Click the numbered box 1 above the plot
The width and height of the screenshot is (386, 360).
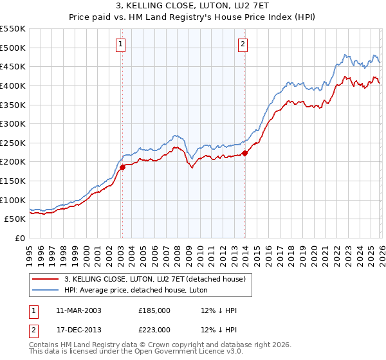[x=122, y=44]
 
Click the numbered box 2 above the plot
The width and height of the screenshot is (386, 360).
[x=243, y=44]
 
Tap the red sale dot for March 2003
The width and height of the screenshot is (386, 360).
[x=122, y=167]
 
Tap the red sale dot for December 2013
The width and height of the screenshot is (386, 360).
[x=245, y=153]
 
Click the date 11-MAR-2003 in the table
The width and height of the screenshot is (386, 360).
[x=78, y=310]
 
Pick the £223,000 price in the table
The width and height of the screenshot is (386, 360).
[x=154, y=329]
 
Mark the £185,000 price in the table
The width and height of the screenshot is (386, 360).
[x=154, y=310]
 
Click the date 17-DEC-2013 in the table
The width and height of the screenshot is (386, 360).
[x=78, y=329]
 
